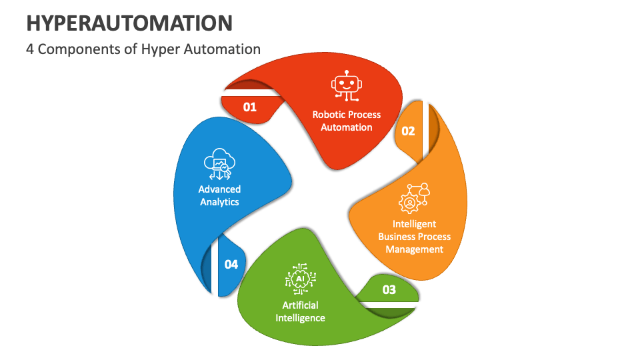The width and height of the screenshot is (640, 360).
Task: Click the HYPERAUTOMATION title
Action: click(129, 23)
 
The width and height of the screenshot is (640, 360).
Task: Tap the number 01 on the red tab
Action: click(250, 107)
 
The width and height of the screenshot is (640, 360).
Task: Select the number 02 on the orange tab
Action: click(408, 131)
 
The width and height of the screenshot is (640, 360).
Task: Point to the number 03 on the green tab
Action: click(389, 290)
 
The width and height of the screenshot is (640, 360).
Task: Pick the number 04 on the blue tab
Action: click(231, 265)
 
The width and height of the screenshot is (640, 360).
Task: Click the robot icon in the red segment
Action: click(347, 86)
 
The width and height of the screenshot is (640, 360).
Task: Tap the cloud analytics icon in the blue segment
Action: click(219, 164)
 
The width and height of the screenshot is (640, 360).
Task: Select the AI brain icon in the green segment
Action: click(301, 279)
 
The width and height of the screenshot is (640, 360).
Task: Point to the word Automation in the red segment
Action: click(347, 127)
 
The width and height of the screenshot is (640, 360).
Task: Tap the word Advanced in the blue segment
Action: click(219, 189)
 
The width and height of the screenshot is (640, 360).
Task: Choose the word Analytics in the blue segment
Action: click(219, 202)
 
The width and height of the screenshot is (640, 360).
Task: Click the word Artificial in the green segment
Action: click(301, 305)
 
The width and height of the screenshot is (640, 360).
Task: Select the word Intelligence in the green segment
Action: click(301, 318)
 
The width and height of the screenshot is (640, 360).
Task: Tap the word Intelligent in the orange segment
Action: click(414, 224)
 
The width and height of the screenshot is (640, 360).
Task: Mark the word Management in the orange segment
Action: click(414, 249)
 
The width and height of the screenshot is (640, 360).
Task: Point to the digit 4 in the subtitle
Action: click(30, 49)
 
